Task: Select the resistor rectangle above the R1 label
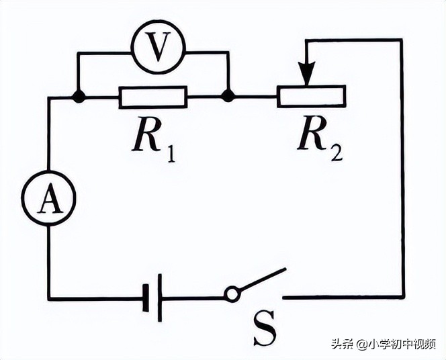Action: (153, 97)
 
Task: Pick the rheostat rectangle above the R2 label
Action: (311, 97)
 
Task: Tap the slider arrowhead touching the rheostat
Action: (307, 77)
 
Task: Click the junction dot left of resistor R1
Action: (79, 97)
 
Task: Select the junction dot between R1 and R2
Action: (228, 97)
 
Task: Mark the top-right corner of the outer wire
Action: (402, 40)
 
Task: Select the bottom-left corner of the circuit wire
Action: (49, 298)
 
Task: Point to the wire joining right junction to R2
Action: (253, 97)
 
